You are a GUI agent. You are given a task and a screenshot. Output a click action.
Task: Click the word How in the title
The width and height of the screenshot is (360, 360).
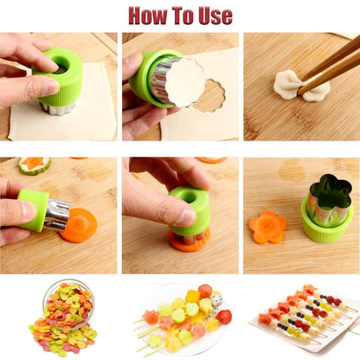click(150, 15)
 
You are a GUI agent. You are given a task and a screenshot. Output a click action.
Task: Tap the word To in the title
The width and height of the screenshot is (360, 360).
click(184, 15)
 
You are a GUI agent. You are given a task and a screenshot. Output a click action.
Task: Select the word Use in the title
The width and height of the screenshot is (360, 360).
click(214, 15)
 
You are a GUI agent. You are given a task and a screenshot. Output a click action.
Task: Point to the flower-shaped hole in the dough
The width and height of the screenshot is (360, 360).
click(209, 94)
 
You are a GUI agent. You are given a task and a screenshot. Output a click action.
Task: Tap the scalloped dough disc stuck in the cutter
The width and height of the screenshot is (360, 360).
click(184, 83)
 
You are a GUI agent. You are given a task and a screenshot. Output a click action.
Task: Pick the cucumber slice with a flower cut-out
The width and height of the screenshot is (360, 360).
click(34, 164)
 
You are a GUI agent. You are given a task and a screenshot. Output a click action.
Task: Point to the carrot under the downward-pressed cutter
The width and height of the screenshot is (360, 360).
click(189, 241)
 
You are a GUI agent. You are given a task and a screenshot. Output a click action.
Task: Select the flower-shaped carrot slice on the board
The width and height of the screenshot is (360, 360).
click(267, 227)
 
